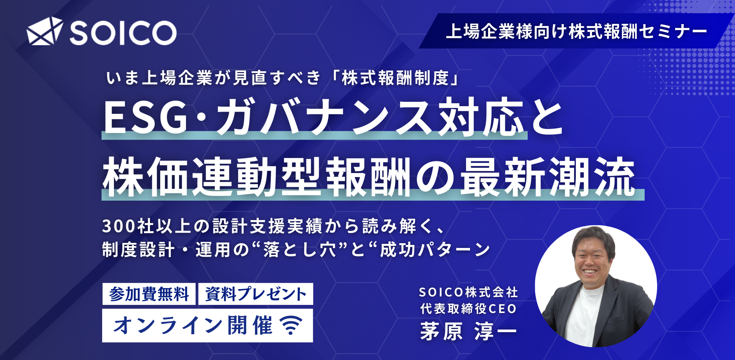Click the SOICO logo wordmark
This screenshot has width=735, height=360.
pos(123,33)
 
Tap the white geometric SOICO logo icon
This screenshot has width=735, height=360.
pos(44,31)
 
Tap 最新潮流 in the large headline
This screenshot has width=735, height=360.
pos(548,177)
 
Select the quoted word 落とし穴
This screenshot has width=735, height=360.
pos(300,250)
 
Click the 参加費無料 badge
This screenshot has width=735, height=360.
pos(149,294)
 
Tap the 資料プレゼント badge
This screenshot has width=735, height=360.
pos(256,294)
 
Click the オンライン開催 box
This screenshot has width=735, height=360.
pos(208,325)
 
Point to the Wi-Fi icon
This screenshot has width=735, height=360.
pos(291,325)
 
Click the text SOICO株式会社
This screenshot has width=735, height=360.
pos(469,292)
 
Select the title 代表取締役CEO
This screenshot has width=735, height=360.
pos(469,309)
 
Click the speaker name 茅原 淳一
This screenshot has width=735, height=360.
pos(469,331)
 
